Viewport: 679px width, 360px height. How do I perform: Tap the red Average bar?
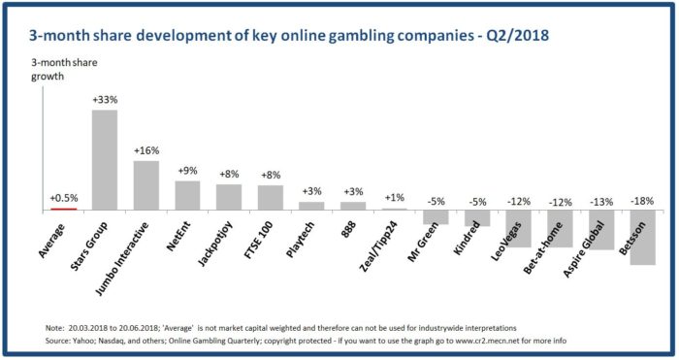pos(62,208)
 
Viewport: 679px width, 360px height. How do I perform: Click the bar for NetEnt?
pos(186,195)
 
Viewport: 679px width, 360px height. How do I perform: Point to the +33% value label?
pos(105,101)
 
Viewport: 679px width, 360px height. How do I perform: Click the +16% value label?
pos(145,151)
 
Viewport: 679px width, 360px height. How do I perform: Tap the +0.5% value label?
pos(63,198)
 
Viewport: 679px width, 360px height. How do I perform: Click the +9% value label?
pos(186,171)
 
